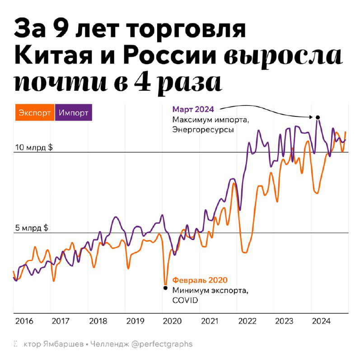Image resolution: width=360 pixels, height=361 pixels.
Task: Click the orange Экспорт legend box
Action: [x=34, y=113]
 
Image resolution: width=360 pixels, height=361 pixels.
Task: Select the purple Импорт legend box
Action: [x=74, y=113]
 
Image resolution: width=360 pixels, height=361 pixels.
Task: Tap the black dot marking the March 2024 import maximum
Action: [x=318, y=117]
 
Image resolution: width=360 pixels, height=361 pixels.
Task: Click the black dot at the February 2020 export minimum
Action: [x=165, y=287]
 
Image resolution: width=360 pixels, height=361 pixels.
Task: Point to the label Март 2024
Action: [x=192, y=109]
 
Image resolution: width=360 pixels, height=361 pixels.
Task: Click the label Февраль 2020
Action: [x=200, y=280]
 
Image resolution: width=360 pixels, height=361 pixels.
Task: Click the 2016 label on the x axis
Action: [x=24, y=321]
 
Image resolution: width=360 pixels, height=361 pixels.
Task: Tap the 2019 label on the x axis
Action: [x=136, y=321]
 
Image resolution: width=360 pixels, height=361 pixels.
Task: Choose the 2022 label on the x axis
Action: [x=247, y=321]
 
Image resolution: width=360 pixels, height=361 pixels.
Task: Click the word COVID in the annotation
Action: [x=185, y=300]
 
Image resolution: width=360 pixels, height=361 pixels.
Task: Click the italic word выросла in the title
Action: [x=283, y=56]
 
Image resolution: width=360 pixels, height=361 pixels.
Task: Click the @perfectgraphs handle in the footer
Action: [x=162, y=344]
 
